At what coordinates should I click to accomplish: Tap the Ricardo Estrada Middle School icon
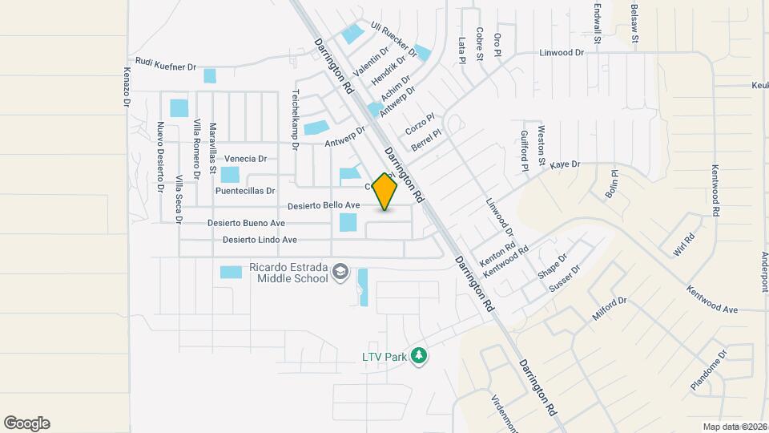341,273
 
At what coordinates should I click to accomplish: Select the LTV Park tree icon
417,354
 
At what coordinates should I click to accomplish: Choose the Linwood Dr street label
562,52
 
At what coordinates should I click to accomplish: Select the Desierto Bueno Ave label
246,223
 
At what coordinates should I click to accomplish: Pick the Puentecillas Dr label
245,192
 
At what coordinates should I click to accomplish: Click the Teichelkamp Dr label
295,119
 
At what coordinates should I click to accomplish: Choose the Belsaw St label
634,23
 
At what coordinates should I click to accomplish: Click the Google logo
26,423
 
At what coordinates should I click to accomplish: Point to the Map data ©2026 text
735,427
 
